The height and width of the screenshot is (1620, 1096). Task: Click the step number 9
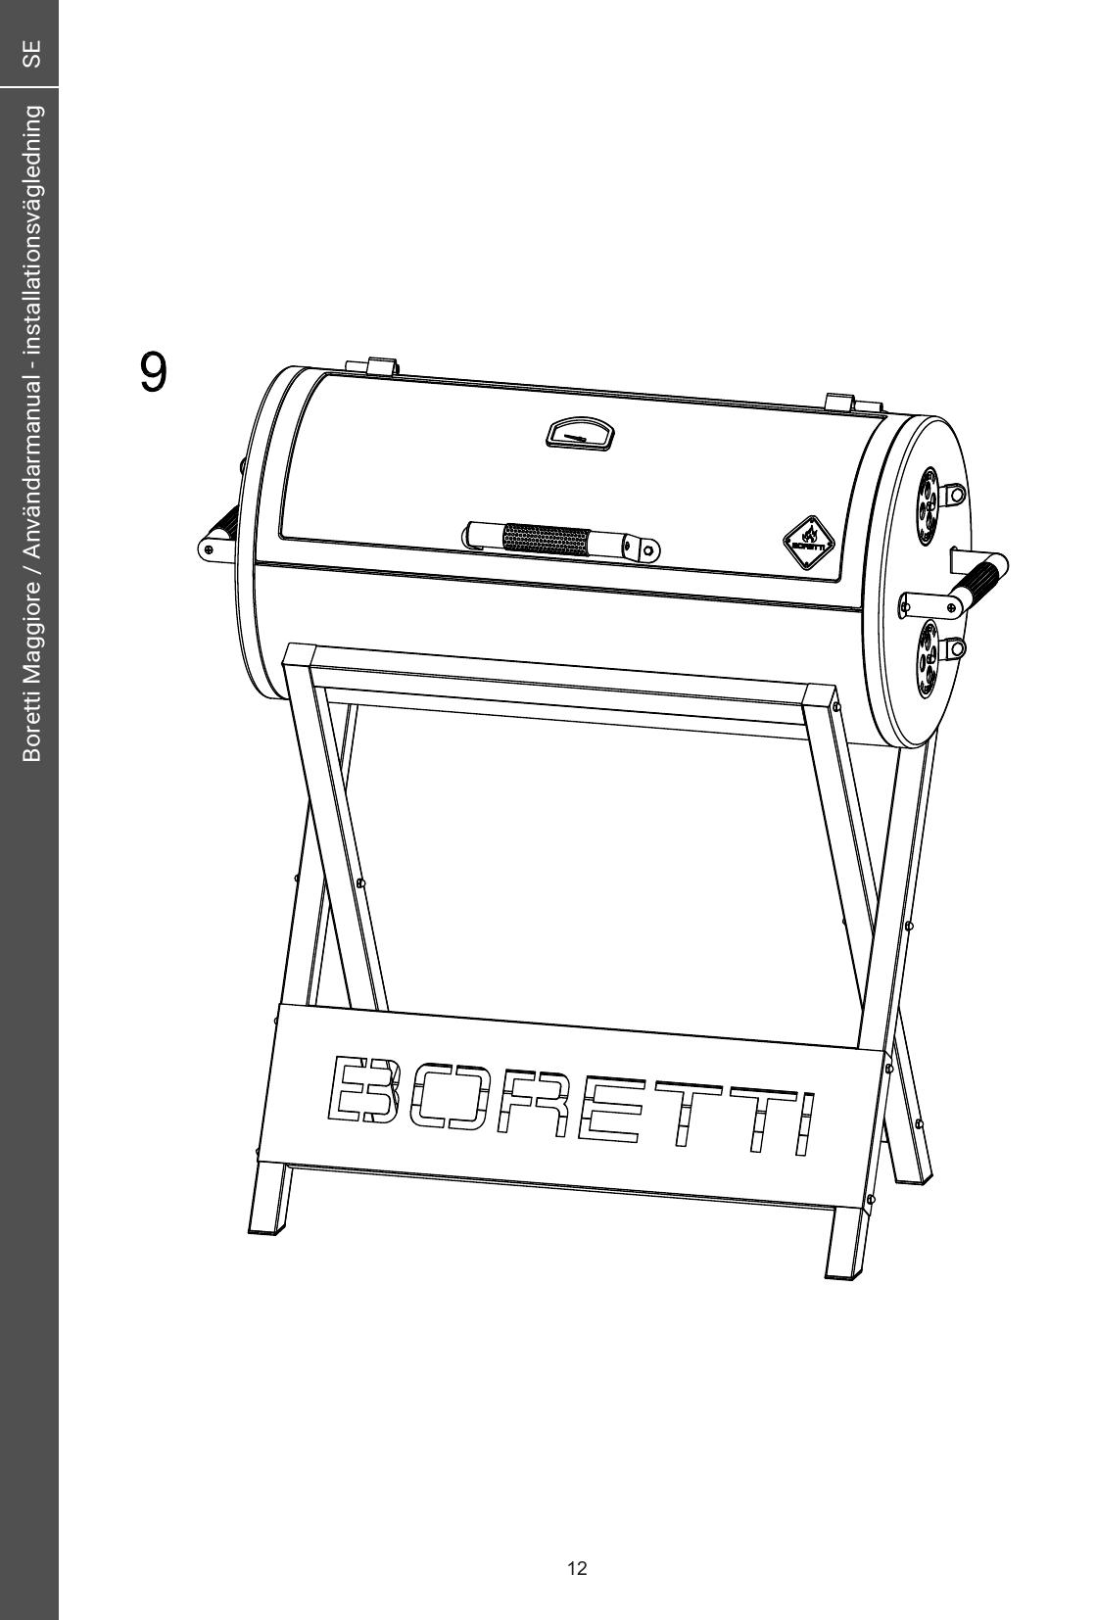[153, 372]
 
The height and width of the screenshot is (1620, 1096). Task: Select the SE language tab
[31, 53]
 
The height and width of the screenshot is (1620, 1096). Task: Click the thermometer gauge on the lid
[579, 435]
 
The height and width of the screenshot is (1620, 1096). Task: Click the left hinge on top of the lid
[381, 366]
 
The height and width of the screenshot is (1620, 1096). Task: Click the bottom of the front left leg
[264, 1229]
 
